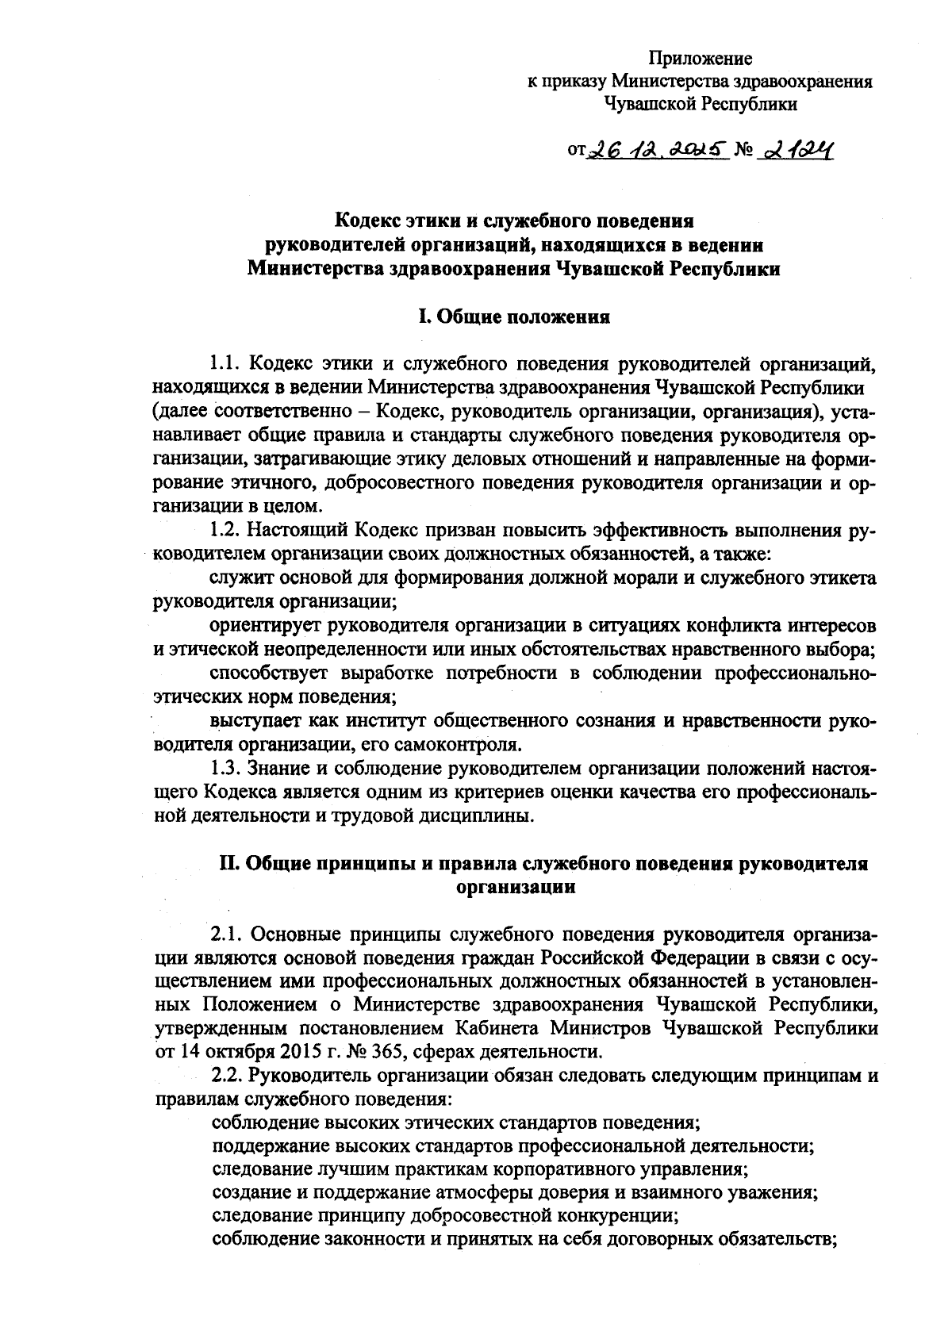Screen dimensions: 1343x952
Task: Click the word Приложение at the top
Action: coord(701,58)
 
